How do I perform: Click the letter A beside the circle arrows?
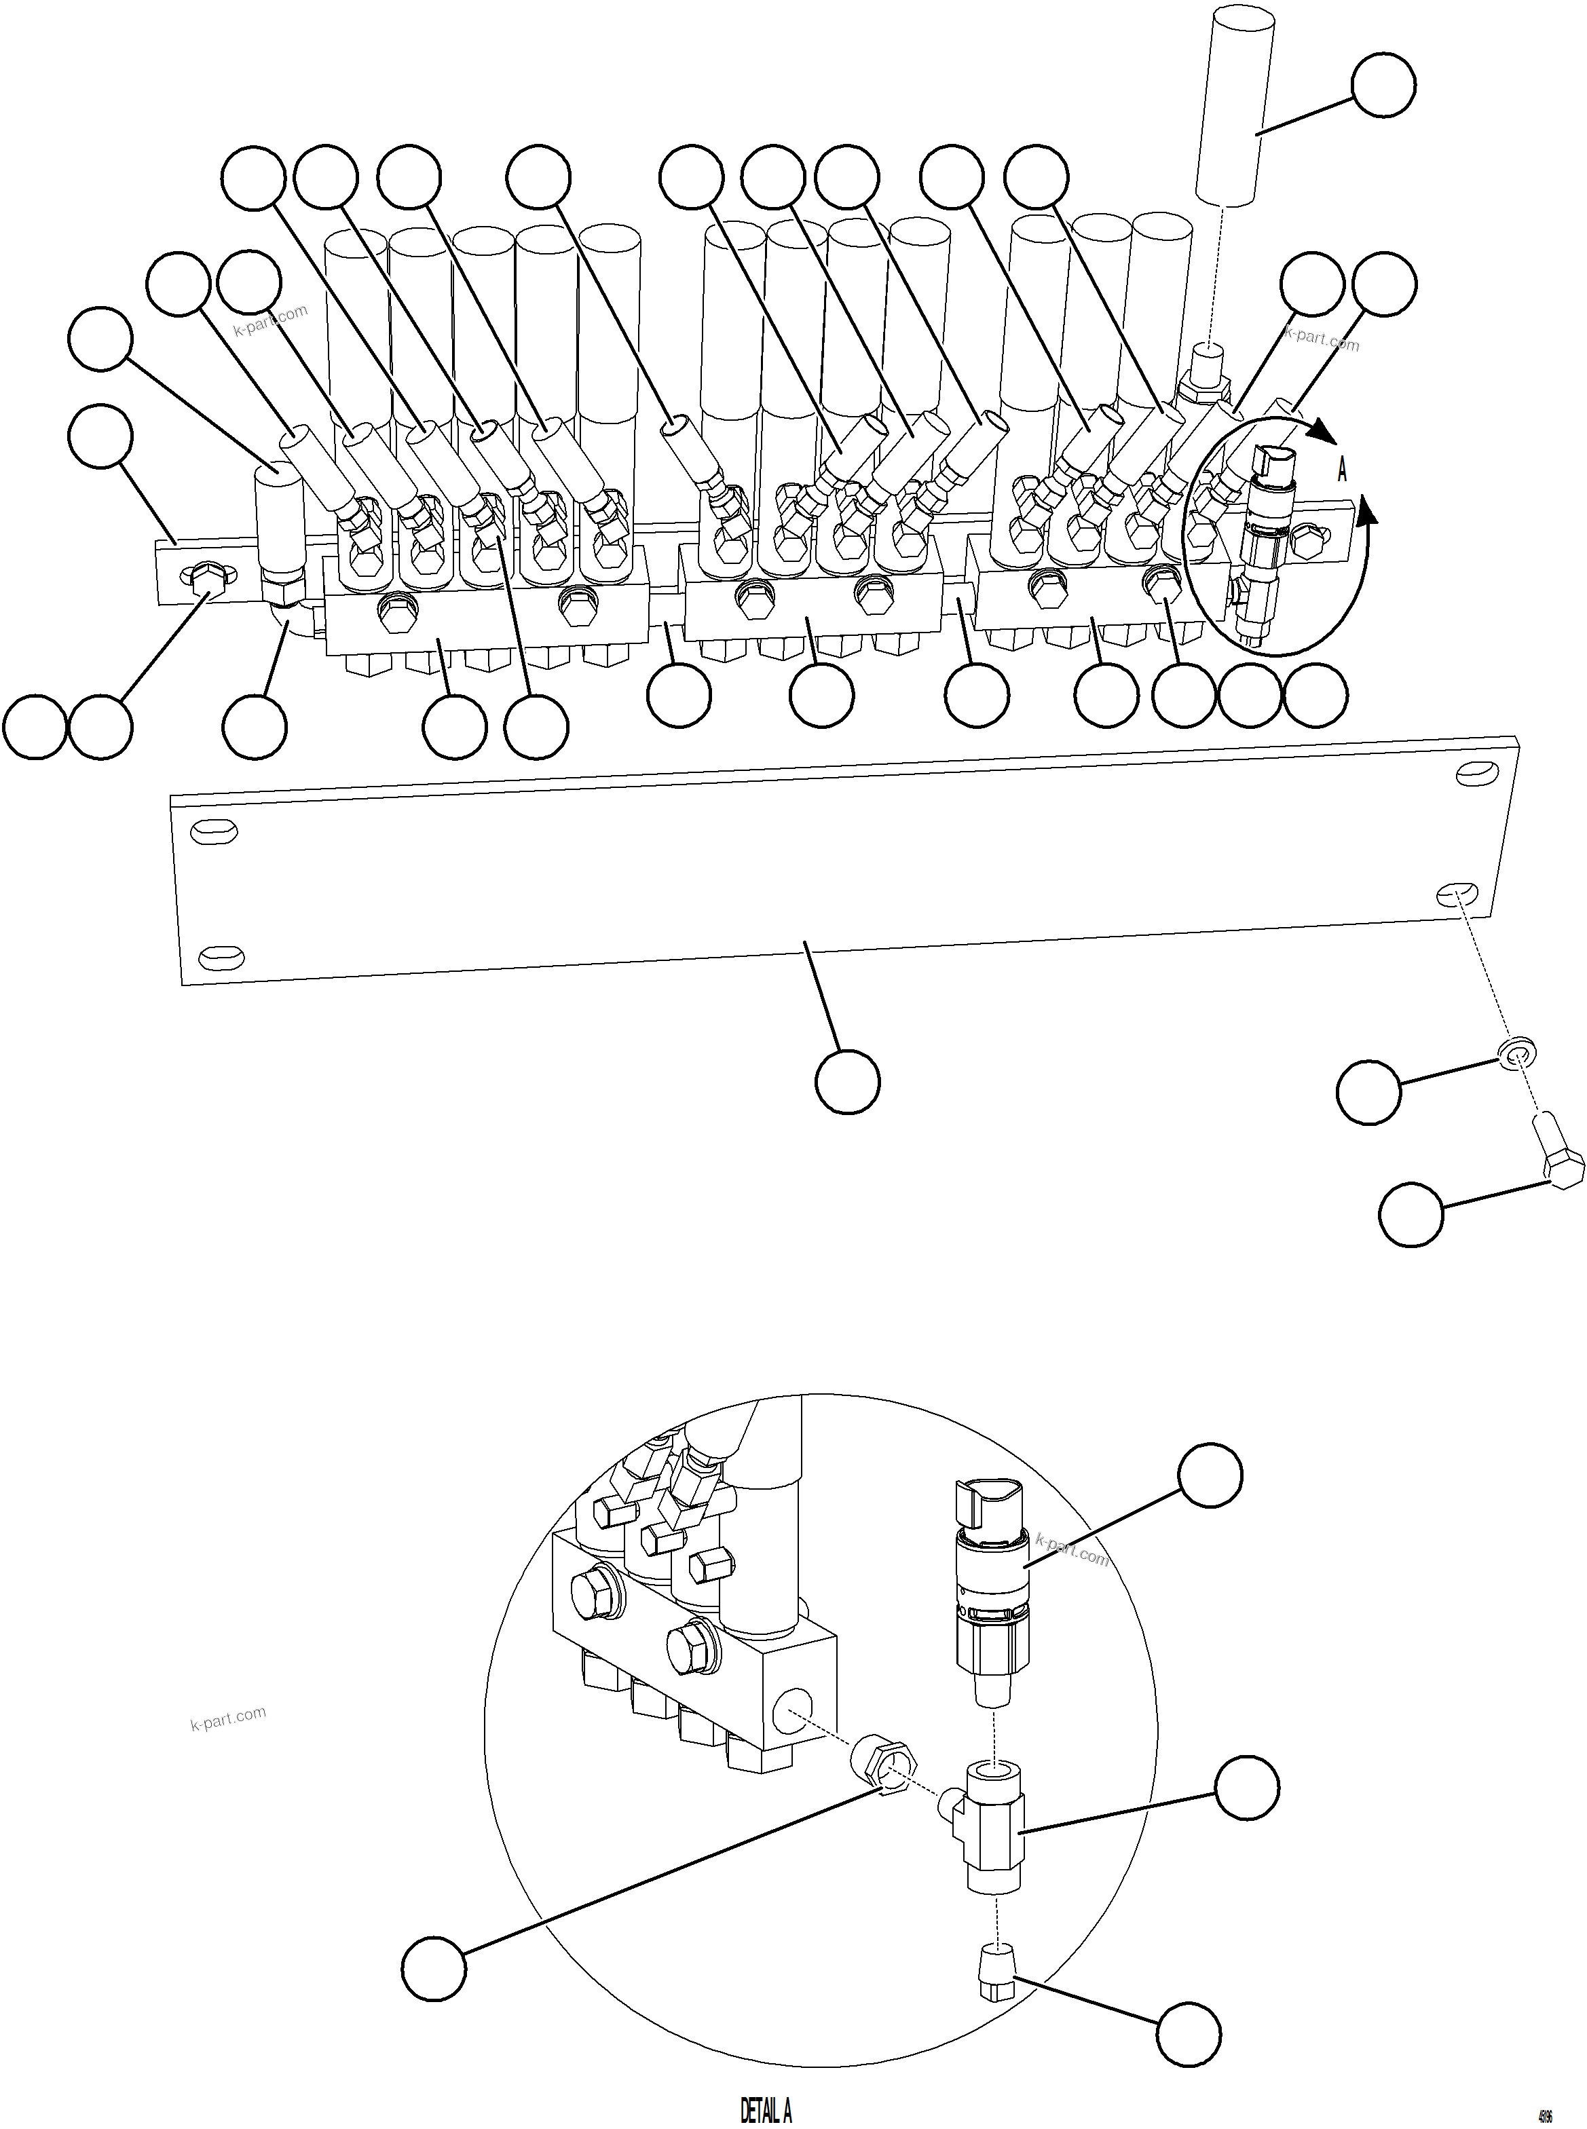(x=1342, y=470)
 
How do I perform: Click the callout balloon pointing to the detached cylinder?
(x=1383, y=86)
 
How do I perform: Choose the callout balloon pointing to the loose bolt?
(x=1411, y=1215)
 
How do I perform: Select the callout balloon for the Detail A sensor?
(x=1210, y=1475)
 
